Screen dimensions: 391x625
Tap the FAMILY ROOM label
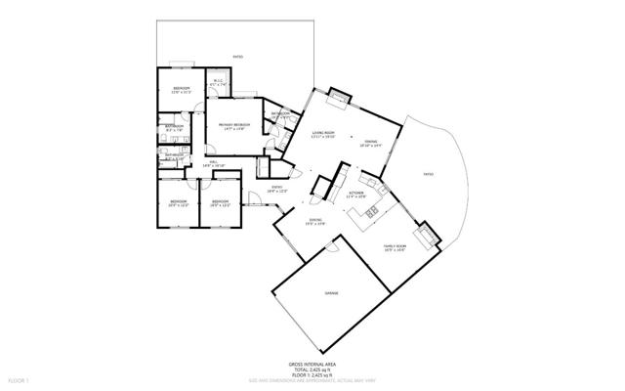click(x=394, y=246)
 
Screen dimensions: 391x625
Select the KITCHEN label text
click(x=356, y=194)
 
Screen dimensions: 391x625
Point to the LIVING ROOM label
click(x=323, y=133)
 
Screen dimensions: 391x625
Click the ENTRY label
click(x=276, y=187)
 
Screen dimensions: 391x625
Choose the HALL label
click(x=215, y=162)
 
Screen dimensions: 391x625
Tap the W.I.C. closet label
click(x=217, y=82)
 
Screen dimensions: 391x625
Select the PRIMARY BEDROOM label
click(x=234, y=125)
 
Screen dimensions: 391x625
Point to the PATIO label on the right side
click(x=427, y=174)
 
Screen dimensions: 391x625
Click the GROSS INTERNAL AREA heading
click(x=312, y=363)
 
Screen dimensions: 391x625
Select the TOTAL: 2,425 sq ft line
click(x=312, y=369)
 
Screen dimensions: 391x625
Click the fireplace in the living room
click(x=339, y=95)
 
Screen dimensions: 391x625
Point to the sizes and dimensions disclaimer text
click(x=312, y=379)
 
